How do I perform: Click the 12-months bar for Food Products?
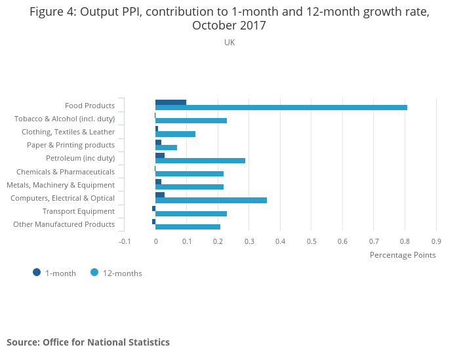coord(281,108)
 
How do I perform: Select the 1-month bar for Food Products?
coord(170,102)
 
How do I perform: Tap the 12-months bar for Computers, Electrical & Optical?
coord(211,200)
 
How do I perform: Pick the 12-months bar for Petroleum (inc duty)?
coord(200,161)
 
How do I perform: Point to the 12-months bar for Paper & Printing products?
coord(166,148)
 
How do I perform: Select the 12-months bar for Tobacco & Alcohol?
coord(191,121)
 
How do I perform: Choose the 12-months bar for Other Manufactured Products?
coord(188,227)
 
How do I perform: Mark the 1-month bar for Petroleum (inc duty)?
coord(160,155)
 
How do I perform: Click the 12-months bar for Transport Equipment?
coord(191,214)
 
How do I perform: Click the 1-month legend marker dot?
coord(37,273)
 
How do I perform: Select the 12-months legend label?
coord(122,273)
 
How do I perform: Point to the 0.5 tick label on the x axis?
coord(311,241)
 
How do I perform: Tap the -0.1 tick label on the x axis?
coord(125,241)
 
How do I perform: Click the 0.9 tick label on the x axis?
coord(436,241)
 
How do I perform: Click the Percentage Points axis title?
coord(403,255)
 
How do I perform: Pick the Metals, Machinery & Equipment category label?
coord(60,185)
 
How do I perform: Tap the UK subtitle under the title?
coord(229,43)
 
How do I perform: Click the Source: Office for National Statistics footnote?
coord(88,342)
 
